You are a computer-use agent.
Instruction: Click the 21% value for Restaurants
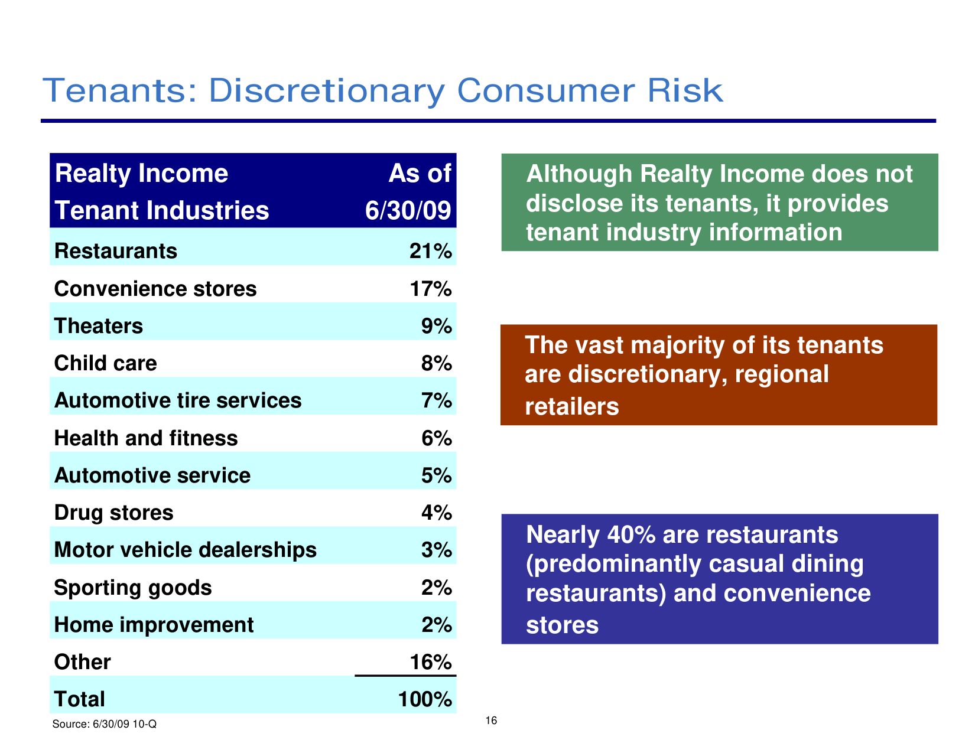pyautogui.click(x=430, y=252)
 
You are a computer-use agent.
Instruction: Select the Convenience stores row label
pyautogui.click(x=155, y=289)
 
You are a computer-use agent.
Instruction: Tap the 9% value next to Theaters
pyautogui.click(x=436, y=326)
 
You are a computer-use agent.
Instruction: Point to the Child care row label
pyautogui.click(x=105, y=363)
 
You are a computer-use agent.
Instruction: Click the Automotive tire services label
pyautogui.click(x=178, y=400)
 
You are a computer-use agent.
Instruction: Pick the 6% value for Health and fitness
pyautogui.click(x=436, y=438)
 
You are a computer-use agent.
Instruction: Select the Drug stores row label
pyautogui.click(x=113, y=513)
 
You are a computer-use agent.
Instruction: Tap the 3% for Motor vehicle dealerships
pyautogui.click(x=436, y=550)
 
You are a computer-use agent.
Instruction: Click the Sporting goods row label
pyautogui.click(x=133, y=588)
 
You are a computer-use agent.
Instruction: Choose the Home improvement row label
pyautogui.click(x=154, y=625)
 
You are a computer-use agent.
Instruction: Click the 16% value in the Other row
pyautogui.click(x=430, y=662)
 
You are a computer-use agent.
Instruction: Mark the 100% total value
pyautogui.click(x=425, y=699)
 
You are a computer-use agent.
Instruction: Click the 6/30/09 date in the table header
pyautogui.click(x=408, y=211)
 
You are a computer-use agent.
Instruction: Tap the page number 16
pyautogui.click(x=491, y=721)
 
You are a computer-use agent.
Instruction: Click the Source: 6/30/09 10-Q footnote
pyautogui.click(x=105, y=724)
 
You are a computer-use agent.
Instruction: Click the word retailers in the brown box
pyautogui.click(x=572, y=407)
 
